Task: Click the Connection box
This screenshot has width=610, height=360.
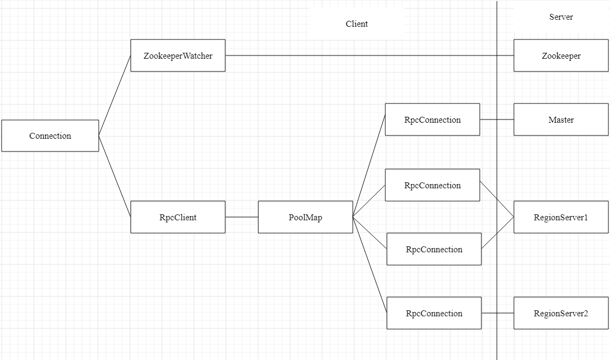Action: click(50, 136)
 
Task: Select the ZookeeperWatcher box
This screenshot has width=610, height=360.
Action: click(178, 55)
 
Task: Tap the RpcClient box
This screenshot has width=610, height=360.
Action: click(178, 217)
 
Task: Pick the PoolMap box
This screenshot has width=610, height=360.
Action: click(305, 217)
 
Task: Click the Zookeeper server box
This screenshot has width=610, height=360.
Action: click(561, 55)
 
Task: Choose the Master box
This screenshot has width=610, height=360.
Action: click(561, 119)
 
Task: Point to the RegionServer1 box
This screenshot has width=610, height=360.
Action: click(561, 217)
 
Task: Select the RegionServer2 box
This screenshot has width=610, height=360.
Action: click(561, 313)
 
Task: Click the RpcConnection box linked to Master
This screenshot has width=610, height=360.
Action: click(432, 119)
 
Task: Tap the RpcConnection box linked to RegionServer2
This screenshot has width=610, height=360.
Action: click(434, 313)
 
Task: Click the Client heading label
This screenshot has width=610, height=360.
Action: click(357, 24)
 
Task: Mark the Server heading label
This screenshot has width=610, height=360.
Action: click(561, 17)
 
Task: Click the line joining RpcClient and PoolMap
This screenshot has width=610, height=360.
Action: click(242, 217)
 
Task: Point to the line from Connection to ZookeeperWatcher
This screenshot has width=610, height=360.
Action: click(115, 96)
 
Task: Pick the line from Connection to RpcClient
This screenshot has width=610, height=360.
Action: click(115, 177)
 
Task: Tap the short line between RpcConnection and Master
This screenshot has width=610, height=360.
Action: click(489, 119)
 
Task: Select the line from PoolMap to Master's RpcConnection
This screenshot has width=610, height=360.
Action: click(369, 168)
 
